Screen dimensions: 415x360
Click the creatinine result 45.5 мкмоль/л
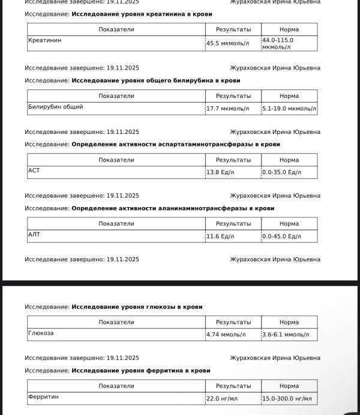pyautogui.click(x=227, y=43)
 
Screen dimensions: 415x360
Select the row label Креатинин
pyautogui.click(x=45, y=40)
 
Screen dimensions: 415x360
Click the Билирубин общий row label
pyautogui.click(x=56, y=107)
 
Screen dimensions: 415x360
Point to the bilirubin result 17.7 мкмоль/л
pyautogui.click(x=227, y=109)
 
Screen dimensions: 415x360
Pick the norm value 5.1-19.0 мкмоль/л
pyautogui.click(x=289, y=109)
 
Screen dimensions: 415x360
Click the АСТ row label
pyautogui.click(x=34, y=171)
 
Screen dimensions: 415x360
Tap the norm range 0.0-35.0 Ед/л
pyautogui.click(x=281, y=172)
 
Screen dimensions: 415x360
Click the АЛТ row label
pyautogui.click(x=34, y=234)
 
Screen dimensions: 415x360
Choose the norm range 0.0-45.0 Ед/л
pyautogui.click(x=281, y=237)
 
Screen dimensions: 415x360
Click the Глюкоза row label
pyautogui.click(x=41, y=333)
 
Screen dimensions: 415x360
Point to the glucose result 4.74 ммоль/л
pyautogui.click(x=226, y=335)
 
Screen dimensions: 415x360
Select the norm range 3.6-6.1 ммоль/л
pyautogui.click(x=286, y=335)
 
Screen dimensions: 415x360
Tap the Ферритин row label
pyautogui.click(x=43, y=397)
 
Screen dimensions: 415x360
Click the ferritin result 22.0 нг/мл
pyautogui.click(x=222, y=399)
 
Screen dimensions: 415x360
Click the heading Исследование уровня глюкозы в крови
pyautogui.click(x=137, y=307)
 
